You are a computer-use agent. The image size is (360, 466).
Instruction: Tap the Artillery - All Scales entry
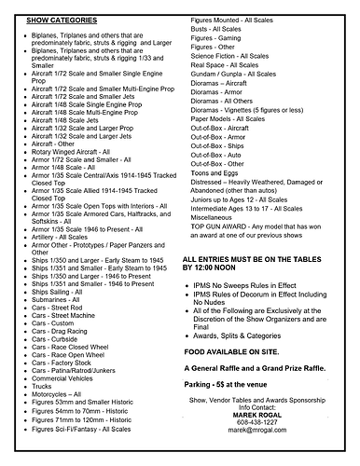70,264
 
